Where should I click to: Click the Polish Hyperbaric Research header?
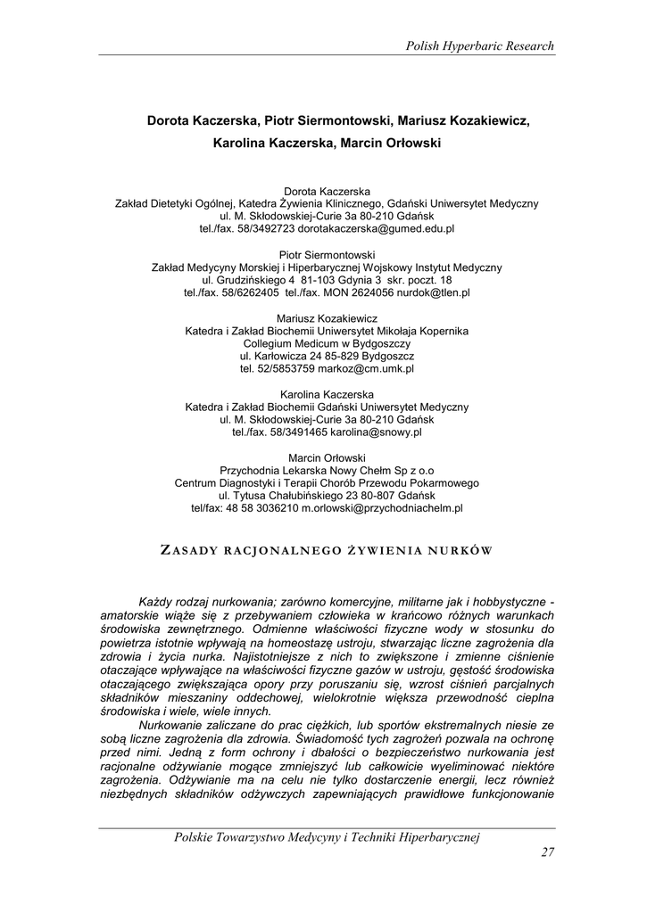point(479,45)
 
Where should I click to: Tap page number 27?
point(547,852)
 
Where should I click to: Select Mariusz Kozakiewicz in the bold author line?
point(463,120)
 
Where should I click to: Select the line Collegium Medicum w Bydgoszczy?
point(327,342)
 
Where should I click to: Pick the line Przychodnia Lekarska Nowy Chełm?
point(327,470)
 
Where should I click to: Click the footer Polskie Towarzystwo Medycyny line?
point(328,836)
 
